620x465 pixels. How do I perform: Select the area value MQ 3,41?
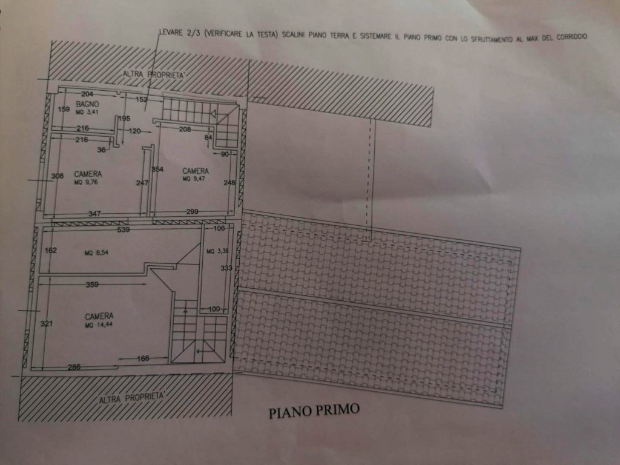[87, 112]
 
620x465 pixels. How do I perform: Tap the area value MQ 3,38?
[215, 251]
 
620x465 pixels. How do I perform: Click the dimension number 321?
[47, 324]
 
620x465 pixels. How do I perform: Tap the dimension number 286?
[73, 367]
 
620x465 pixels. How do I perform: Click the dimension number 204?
[88, 94]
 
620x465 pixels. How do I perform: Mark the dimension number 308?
[57, 176]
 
